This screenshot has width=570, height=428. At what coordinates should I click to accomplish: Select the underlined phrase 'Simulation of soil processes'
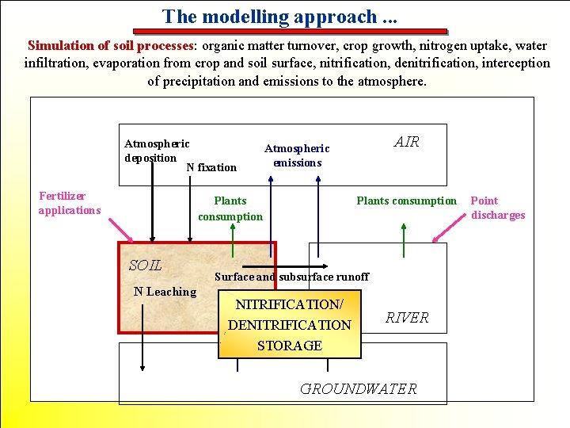pos(111,46)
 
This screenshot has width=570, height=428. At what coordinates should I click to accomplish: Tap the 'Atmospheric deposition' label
pos(157,151)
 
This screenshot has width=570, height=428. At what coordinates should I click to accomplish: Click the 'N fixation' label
pos(211,167)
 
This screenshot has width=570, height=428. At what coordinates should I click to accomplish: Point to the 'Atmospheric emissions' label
pos(297,155)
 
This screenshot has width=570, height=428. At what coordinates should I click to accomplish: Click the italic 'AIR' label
pos(407,142)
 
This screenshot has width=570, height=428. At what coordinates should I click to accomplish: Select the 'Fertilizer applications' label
pos(70,203)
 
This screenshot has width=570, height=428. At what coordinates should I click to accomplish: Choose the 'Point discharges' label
pos(498,208)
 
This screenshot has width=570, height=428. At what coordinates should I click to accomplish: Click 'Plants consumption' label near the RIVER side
pos(407,201)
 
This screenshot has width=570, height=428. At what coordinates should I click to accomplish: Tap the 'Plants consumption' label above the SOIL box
pos(230,208)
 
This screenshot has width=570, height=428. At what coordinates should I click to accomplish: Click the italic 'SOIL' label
pos(145,266)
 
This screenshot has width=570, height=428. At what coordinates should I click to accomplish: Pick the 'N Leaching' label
pos(165,292)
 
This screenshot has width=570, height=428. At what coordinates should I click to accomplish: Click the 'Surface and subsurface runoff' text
pos(291,277)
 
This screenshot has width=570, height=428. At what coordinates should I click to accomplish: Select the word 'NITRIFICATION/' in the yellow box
pos(289,304)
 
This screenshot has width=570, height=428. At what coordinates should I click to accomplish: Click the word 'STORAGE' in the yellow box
pos(289,346)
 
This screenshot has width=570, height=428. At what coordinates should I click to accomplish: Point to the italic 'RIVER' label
pos(407,318)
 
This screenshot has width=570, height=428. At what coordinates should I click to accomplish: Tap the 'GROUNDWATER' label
pos(358,388)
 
